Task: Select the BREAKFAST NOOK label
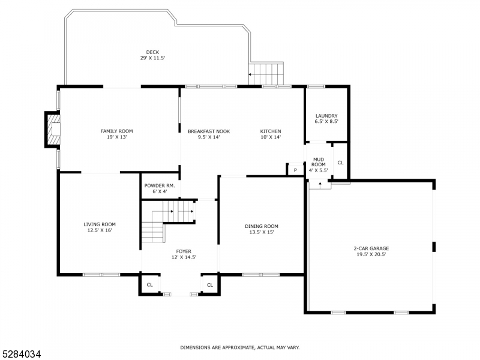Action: tap(208, 131)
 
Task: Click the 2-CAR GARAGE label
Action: tap(370, 248)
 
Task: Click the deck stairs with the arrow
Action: tap(266, 74)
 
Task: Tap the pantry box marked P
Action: tap(295, 170)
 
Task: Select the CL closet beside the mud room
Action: tap(340, 162)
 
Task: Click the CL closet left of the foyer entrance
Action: tap(150, 285)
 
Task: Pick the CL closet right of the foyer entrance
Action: tap(210, 285)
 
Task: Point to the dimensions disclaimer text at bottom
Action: tap(240, 347)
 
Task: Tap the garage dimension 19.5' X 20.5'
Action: tap(370, 254)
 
